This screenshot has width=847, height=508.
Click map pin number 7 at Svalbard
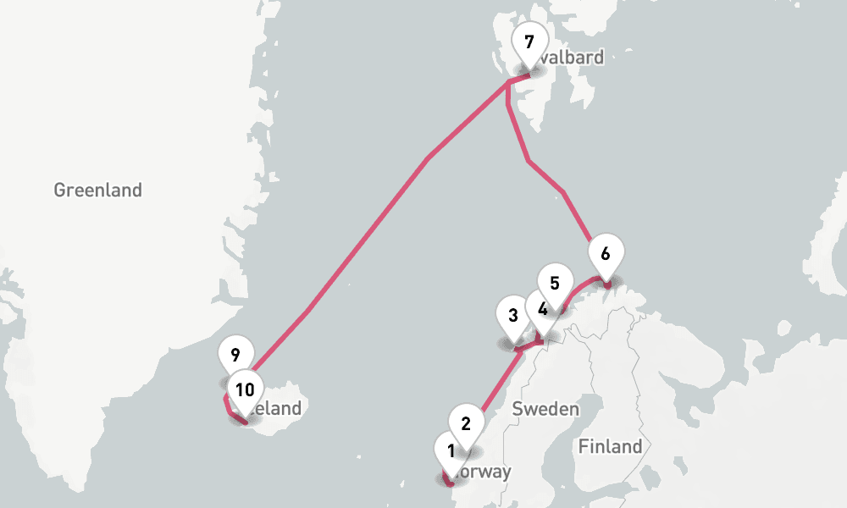[530, 42]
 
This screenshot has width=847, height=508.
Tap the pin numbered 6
[605, 254]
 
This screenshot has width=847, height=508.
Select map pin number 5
[555, 284]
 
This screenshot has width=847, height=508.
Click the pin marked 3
[512, 317]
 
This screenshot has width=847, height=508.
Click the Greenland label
[97, 190]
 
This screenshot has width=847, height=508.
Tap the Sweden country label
[545, 410]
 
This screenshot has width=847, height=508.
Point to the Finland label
[610, 446]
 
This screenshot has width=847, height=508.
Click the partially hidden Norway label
[484, 472]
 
